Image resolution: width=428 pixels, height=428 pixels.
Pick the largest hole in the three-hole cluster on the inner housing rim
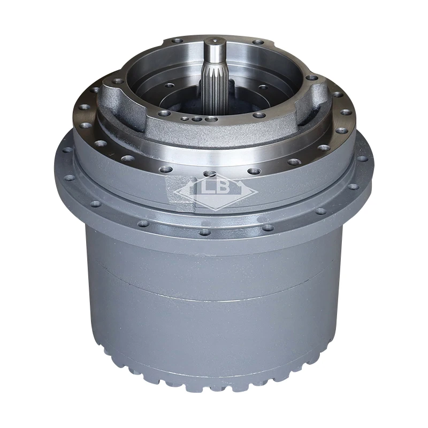(x=211, y=119)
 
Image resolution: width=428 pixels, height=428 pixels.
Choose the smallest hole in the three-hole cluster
(x=186, y=118)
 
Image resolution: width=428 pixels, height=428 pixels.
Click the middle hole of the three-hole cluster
(x=196, y=119)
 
